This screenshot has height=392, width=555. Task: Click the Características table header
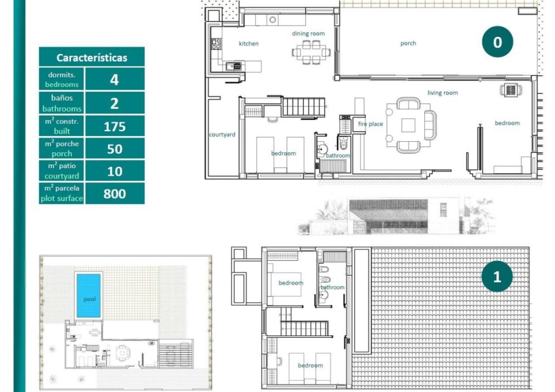[92, 57]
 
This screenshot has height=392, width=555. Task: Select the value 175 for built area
[115, 127]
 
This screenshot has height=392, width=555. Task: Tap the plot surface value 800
[115, 194]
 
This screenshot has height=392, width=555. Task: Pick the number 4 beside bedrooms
[115, 79]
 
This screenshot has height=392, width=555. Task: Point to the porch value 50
[115, 149]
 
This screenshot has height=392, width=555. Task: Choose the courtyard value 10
[115, 171]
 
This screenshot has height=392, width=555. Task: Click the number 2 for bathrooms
[115, 103]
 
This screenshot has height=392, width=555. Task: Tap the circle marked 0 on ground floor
[497, 42]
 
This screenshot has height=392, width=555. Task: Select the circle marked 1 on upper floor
[497, 277]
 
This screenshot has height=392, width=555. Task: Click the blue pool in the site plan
[89, 295]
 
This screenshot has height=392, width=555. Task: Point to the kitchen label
[248, 44]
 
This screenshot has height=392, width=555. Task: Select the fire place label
[370, 124]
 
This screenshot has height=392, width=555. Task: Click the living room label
[442, 93]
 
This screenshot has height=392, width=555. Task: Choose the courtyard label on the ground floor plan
[222, 134]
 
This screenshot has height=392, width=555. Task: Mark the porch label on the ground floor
[408, 43]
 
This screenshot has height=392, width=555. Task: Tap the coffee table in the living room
[408, 125]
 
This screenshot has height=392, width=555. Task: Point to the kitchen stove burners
[216, 44]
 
